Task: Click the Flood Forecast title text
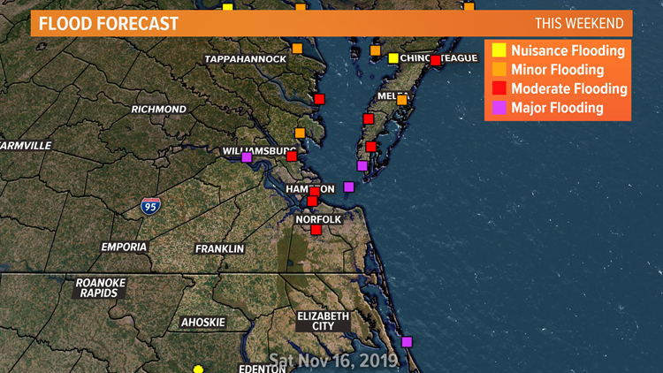(x=109, y=23)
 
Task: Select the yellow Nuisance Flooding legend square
(x=499, y=50)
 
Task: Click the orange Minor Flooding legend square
(x=499, y=69)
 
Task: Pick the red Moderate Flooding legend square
(x=499, y=88)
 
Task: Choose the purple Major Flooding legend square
(x=499, y=108)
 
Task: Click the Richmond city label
(x=159, y=110)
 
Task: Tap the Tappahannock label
(x=246, y=59)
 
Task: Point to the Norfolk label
(x=318, y=219)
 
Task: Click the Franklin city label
(x=219, y=249)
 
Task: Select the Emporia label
(x=124, y=247)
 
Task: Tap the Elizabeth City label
(x=324, y=321)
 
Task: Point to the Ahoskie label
(x=203, y=323)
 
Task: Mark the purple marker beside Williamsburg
(x=247, y=157)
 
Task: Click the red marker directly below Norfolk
(x=316, y=230)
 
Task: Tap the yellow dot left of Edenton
(x=198, y=369)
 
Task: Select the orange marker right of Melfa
(x=402, y=100)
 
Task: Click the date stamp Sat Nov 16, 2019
(x=333, y=361)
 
